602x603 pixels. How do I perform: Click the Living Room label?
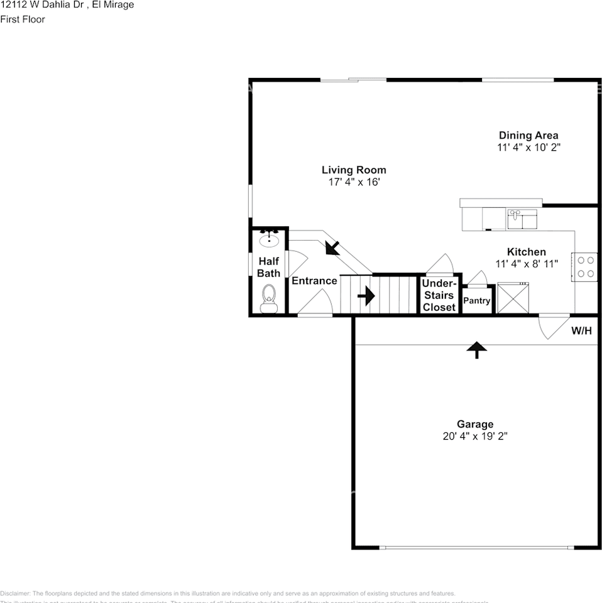pyautogui.click(x=354, y=170)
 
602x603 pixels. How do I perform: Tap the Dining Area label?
pyautogui.click(x=528, y=135)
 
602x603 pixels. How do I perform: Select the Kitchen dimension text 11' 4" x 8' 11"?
pyautogui.click(x=527, y=264)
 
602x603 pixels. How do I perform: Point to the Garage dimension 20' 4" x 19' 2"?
pyautogui.click(x=474, y=436)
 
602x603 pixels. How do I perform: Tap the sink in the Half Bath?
pyautogui.click(x=270, y=238)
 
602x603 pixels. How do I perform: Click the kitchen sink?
pyautogui.click(x=523, y=219)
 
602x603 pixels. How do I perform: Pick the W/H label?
pyautogui.click(x=581, y=330)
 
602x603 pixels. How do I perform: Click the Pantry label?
pyautogui.click(x=476, y=301)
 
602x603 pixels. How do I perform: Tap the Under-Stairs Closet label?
pyautogui.click(x=439, y=295)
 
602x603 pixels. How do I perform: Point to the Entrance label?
pyautogui.click(x=314, y=281)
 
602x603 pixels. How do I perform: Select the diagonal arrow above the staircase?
pyautogui.click(x=332, y=247)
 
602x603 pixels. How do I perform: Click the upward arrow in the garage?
pyautogui.click(x=477, y=349)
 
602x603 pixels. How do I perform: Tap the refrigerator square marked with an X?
pyautogui.click(x=513, y=298)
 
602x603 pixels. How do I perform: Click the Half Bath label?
pyautogui.click(x=268, y=267)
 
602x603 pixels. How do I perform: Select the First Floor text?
pyautogui.click(x=23, y=19)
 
